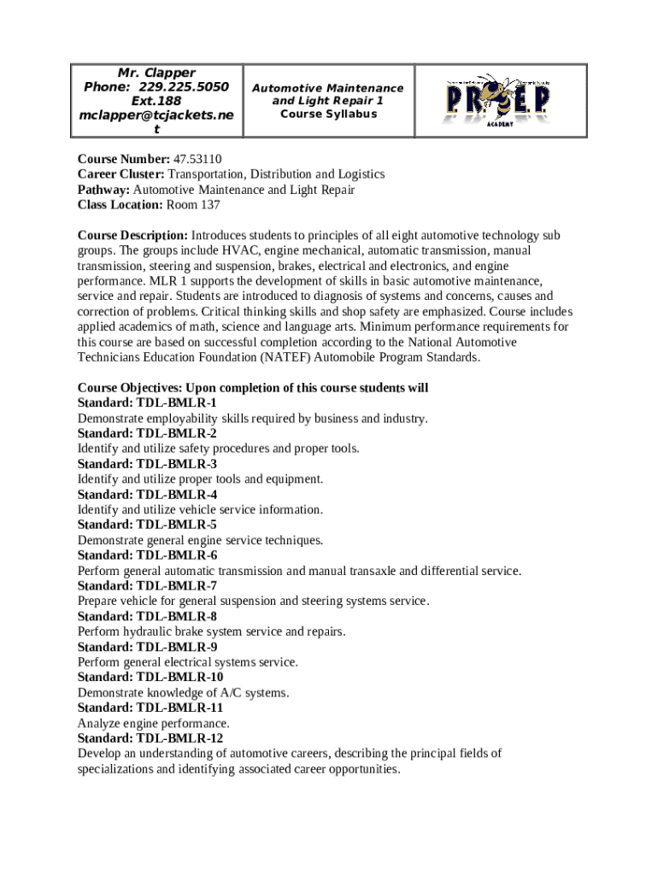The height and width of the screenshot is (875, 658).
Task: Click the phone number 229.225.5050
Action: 183,87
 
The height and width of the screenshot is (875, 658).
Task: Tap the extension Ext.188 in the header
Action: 156,102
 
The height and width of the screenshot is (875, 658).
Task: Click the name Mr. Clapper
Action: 156,73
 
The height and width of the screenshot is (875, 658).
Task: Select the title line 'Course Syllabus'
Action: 328,115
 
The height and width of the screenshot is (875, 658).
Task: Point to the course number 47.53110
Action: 197,159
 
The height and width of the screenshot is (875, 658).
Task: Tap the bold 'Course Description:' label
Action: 132,236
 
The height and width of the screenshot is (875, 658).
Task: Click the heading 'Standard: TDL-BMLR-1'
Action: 147,402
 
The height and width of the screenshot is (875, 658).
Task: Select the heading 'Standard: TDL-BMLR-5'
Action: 147,525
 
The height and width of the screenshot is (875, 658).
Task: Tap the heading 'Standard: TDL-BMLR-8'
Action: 147,617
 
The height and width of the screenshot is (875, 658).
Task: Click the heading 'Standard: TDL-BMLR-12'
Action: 150,739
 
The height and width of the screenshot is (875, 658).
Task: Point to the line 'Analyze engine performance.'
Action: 153,724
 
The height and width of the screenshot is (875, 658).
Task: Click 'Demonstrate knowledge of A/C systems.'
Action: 183,693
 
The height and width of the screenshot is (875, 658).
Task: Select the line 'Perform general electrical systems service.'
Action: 187,662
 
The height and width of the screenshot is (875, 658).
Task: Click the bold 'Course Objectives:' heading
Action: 130,388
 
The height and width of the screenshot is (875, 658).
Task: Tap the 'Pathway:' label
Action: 104,190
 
